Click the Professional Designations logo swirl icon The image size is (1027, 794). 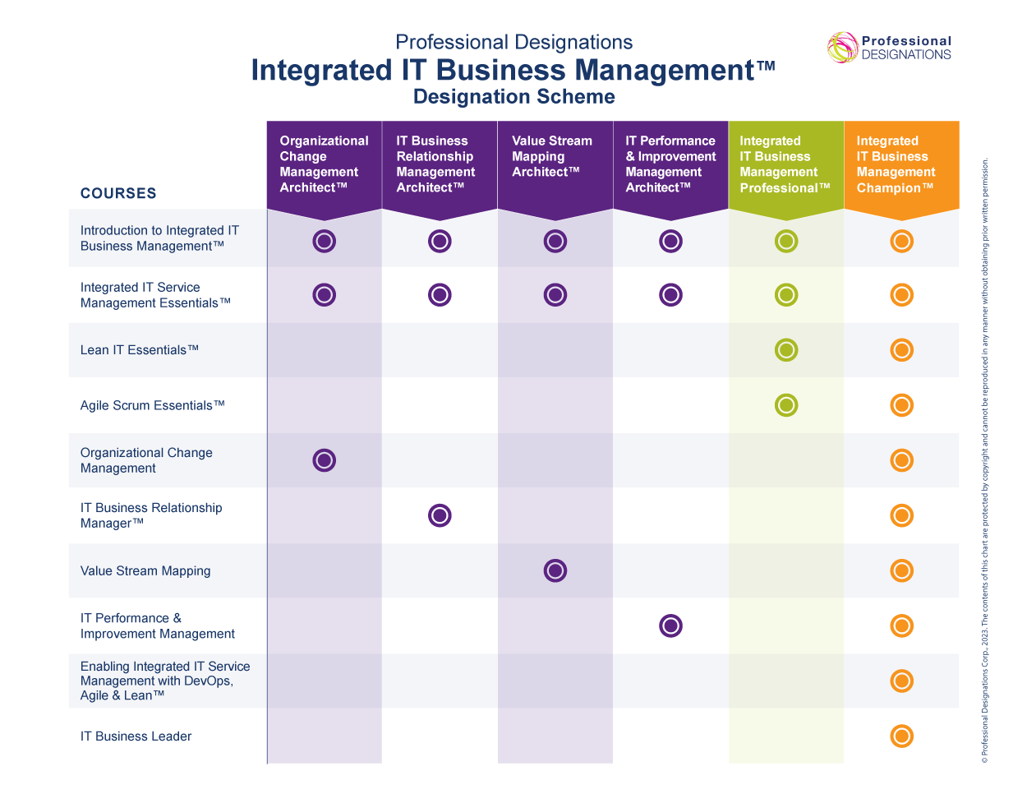coord(842,48)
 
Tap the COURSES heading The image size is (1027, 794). coord(118,193)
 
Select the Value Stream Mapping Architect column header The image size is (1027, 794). coord(555,164)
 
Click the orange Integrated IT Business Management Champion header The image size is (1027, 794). coord(901,164)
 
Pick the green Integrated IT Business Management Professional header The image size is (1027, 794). coord(785,164)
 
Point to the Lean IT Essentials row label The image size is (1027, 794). coord(140,350)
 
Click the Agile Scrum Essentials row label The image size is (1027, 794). coord(152,405)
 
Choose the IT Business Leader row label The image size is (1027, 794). coord(136,736)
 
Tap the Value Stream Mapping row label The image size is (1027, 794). coord(145,571)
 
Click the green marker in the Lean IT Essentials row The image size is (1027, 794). coord(786,350)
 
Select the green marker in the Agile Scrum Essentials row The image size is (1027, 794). coord(786,405)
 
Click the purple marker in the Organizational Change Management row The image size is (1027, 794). coord(325,460)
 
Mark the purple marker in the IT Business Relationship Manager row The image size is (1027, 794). coord(440,515)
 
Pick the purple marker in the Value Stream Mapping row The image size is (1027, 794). coord(555,570)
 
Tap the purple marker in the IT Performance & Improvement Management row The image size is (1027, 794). coord(671,626)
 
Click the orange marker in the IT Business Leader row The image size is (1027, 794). coord(901,736)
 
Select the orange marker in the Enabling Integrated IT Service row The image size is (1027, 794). coord(901,681)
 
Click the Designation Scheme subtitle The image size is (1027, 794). coord(513,97)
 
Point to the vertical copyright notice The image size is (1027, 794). coord(985,460)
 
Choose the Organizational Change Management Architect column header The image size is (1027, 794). coord(324,164)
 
